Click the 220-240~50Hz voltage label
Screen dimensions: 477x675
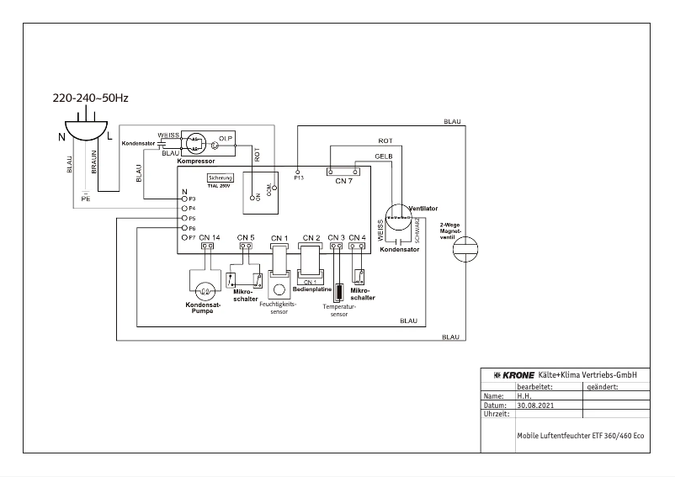[x=91, y=99]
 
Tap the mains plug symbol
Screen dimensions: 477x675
[x=87, y=128]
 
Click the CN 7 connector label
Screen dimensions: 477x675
[x=343, y=180]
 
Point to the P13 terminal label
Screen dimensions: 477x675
[x=298, y=178]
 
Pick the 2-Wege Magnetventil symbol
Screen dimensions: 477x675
[x=465, y=250]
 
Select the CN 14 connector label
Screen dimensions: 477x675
[x=210, y=238]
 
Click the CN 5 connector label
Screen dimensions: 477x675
[x=246, y=238]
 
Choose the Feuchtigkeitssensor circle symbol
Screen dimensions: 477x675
[x=279, y=291]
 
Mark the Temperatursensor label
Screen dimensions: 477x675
[x=337, y=310]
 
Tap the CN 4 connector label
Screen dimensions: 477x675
[x=357, y=238]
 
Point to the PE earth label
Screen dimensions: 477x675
[x=86, y=199]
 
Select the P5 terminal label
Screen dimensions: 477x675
[x=192, y=218]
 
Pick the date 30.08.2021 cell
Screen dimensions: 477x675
[x=535, y=405]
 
